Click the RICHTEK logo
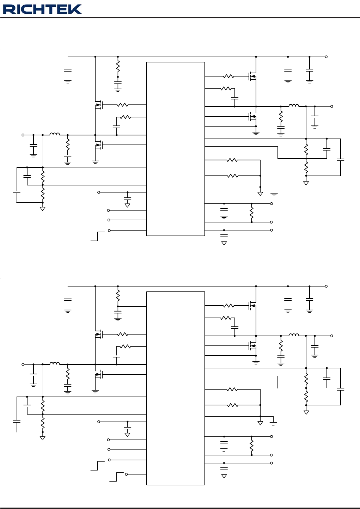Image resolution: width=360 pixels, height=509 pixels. pos(42,9)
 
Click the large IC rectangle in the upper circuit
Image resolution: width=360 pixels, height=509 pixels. pos(176,149)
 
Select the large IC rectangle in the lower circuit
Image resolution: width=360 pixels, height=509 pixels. pos(176,388)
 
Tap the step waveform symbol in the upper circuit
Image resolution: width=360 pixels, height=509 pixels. pos(98,236)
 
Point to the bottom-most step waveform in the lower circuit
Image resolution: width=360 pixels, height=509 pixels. pos(116,477)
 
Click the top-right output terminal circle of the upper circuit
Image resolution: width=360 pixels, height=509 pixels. pos(326,57)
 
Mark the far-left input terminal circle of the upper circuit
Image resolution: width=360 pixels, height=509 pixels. pos(23,135)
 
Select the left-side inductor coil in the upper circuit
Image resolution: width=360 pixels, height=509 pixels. pos(55,134)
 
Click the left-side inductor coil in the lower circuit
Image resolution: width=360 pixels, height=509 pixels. pos(55,363)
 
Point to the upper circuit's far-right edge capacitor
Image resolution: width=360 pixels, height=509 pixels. pos(341,160)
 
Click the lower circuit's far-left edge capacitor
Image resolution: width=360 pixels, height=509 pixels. pos(17,421)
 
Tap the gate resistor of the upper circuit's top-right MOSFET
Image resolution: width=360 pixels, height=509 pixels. pos(228,76)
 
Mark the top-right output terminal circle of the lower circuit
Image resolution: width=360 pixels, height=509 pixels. pos(326,286)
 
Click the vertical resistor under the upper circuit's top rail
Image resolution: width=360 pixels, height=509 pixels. pos(118,66)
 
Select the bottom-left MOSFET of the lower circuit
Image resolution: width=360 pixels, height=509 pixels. pos(99,374)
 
